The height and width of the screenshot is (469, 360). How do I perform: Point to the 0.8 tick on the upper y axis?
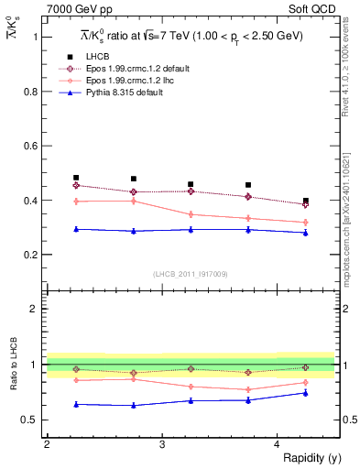click(x=33, y=92)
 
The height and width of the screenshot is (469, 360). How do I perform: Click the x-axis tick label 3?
click(x=162, y=444)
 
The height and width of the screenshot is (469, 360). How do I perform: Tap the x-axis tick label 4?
click(x=278, y=444)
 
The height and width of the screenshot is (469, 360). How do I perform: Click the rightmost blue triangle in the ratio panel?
click(x=306, y=393)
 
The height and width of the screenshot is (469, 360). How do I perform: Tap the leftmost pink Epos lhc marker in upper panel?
click(x=76, y=201)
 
